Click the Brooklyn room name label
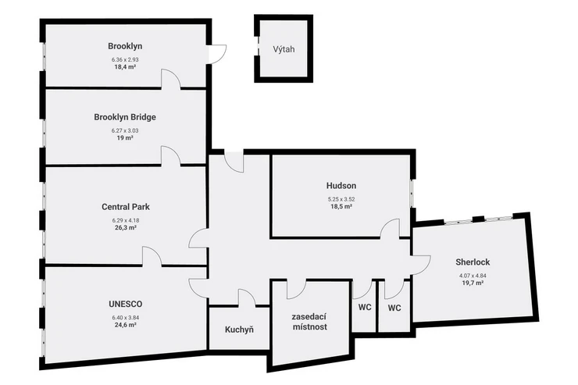125,46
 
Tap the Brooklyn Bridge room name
125,117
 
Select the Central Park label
126,207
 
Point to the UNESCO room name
125,305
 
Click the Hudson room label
341,186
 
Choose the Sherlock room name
473,262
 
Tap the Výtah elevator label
284,49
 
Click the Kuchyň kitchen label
239,330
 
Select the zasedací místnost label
309,322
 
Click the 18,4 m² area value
125,66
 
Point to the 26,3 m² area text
125,228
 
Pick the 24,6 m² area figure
125,325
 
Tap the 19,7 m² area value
473,283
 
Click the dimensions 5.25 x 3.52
341,199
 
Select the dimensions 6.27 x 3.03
125,130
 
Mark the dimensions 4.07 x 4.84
473,276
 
